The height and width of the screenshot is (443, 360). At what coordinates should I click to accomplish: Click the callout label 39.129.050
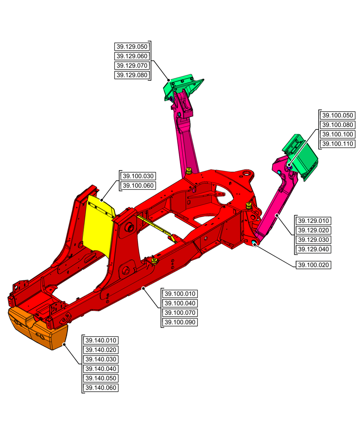click(x=132, y=47)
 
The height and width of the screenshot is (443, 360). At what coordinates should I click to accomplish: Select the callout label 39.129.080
click(x=132, y=75)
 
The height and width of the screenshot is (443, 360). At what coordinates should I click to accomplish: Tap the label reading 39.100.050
click(x=337, y=115)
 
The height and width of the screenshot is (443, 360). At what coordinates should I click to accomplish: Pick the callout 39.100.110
click(x=337, y=144)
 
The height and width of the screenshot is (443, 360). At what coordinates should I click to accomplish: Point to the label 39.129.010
click(x=313, y=221)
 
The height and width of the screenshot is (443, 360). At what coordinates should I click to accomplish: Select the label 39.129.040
click(x=313, y=249)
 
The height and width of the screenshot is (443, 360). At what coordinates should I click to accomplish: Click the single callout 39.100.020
click(x=313, y=265)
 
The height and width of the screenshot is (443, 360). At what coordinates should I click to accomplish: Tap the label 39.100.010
click(x=180, y=294)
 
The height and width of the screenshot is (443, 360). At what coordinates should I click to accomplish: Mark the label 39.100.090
click(x=180, y=323)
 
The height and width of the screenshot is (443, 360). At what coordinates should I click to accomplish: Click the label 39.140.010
click(x=101, y=340)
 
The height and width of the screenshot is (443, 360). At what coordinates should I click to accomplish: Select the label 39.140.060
click(x=101, y=388)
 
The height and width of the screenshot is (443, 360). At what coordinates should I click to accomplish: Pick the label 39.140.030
click(x=101, y=359)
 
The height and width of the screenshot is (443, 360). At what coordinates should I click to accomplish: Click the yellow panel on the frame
click(x=98, y=226)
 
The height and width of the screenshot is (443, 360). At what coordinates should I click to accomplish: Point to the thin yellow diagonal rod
click(x=155, y=227)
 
